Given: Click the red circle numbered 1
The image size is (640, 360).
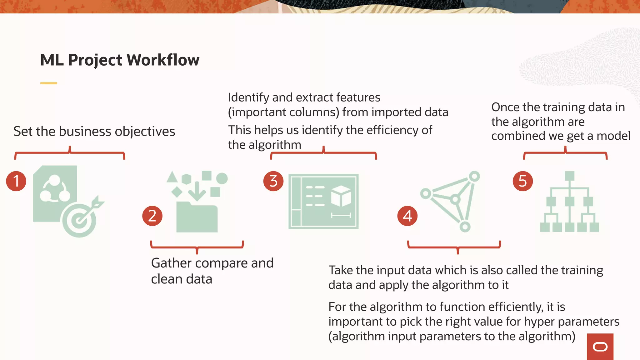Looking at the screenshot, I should click(16, 181).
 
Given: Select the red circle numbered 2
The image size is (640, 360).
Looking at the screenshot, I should click(152, 216).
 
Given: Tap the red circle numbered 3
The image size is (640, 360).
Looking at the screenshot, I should click(273, 181).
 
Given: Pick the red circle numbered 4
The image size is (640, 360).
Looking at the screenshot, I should click(407, 216).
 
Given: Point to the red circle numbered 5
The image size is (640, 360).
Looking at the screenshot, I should click(523, 181).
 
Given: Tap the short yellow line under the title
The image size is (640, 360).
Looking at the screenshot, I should click(48, 83).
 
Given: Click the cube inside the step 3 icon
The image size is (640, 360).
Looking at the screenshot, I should click(341, 196).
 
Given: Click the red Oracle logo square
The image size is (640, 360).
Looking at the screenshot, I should click(600, 347).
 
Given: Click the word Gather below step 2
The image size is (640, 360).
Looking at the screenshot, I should click(171, 263).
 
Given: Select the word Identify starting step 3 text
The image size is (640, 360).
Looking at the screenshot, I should click(248, 97).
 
